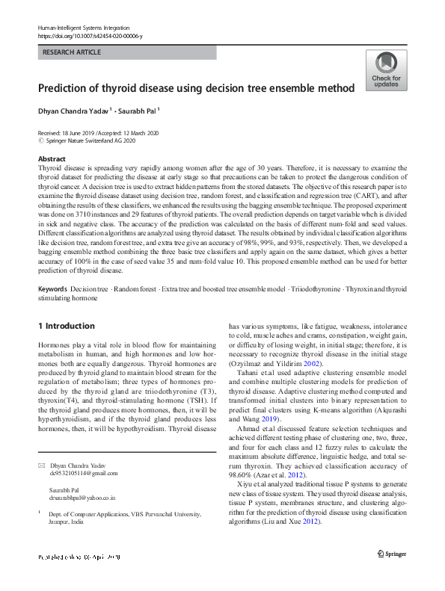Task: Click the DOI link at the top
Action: coord(90,35)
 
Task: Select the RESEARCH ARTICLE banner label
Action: coord(73,52)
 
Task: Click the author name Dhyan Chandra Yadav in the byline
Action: coord(73,110)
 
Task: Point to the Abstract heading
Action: coord(52,160)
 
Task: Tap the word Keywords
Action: coord(53,288)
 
